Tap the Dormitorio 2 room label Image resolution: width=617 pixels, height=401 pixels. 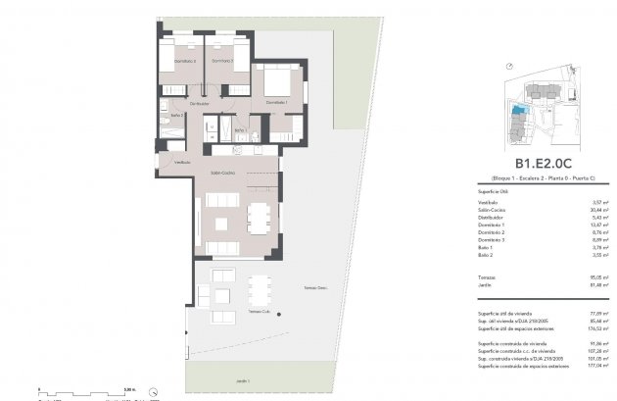click(223, 62)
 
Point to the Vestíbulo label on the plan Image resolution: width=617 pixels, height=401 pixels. click(182, 163)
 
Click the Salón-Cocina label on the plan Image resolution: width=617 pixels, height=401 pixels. click(221, 173)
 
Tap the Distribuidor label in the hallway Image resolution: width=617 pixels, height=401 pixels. click(201, 101)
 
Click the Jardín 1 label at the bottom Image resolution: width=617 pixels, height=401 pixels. click(242, 380)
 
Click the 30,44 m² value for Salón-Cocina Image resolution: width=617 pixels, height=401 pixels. click(593, 209)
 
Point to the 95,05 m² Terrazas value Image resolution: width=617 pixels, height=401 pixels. click(593, 277)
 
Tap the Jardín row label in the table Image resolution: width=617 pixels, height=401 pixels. click(484, 285)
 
